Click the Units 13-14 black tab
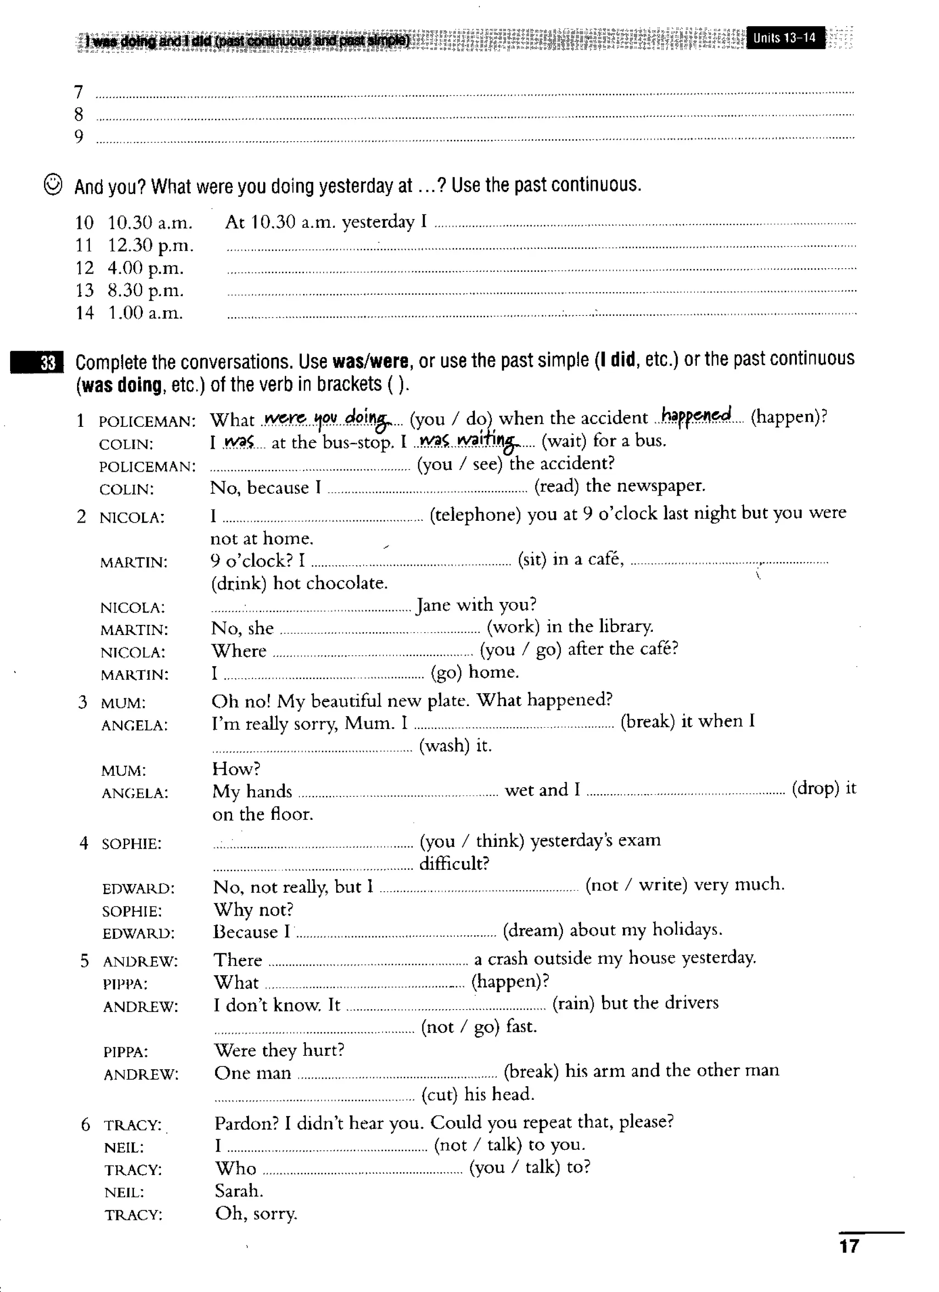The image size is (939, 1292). coord(784,38)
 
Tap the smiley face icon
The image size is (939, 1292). coord(53,185)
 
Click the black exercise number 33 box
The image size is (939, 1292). coord(37,363)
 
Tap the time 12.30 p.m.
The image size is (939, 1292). coord(150,246)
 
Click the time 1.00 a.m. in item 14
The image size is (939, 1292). coord(145,313)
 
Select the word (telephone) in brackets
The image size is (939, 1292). coord(475,514)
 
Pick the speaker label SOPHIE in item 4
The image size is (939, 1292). coord(132,844)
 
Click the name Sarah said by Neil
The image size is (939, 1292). coord(239,1191)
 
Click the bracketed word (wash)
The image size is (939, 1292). coord(444,745)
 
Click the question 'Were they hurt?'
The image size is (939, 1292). coord(279,1049)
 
